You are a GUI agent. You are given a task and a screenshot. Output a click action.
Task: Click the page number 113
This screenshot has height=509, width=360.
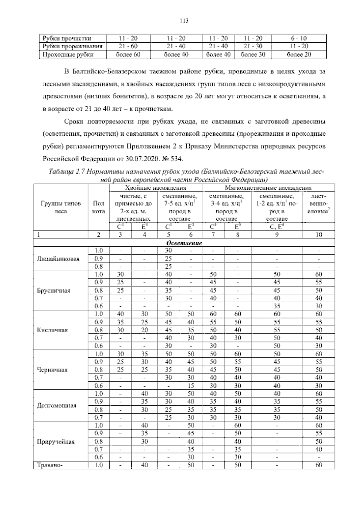point(184,20)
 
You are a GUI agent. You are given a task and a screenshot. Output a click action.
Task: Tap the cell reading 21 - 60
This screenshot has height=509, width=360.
point(128,46)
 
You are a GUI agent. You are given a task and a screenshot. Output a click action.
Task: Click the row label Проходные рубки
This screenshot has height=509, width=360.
point(68,54)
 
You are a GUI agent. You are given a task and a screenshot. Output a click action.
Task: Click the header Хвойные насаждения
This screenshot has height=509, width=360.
point(155,188)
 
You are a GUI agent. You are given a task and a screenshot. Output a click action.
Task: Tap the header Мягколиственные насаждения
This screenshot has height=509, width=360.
point(268,188)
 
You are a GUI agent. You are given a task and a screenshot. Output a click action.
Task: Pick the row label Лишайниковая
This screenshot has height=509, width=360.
point(58,258)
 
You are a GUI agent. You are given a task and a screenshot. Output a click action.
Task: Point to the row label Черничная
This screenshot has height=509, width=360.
point(52,370)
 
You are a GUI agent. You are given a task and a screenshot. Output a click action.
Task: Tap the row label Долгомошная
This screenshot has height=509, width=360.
point(56,405)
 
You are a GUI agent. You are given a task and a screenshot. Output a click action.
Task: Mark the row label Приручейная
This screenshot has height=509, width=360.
point(55,441)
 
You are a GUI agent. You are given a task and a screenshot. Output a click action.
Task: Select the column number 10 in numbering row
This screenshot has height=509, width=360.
point(319,235)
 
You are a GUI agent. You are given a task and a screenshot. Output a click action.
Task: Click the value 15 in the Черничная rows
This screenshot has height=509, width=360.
point(191,386)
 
